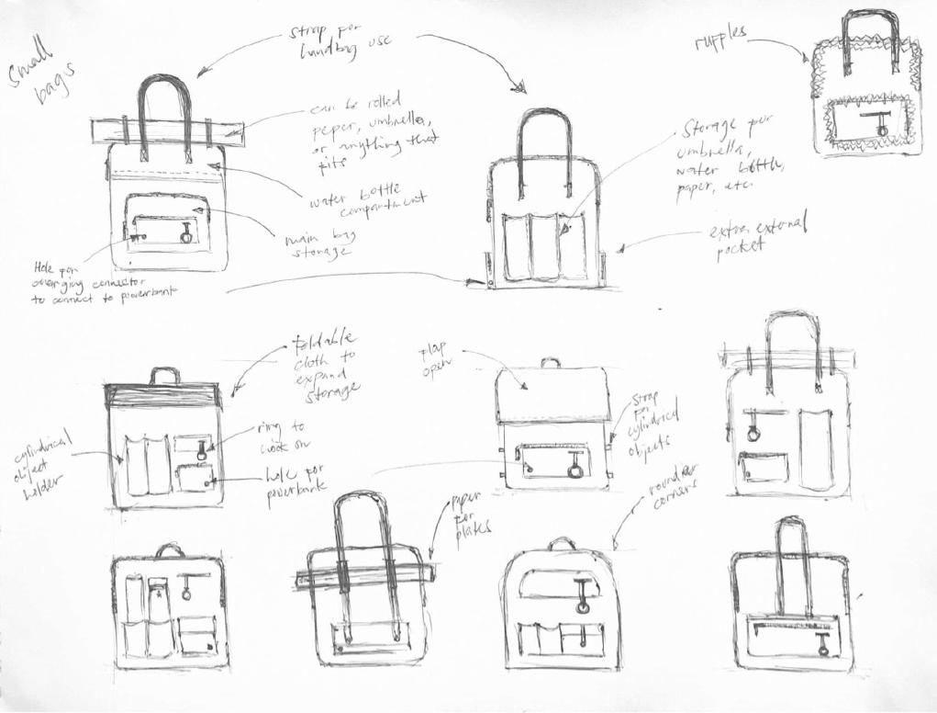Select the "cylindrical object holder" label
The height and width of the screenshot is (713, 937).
[41, 464]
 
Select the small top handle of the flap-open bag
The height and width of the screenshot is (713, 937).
[550, 362]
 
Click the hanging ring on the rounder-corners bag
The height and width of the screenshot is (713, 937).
[582, 605]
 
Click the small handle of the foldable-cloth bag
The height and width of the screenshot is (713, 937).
[165, 375]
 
